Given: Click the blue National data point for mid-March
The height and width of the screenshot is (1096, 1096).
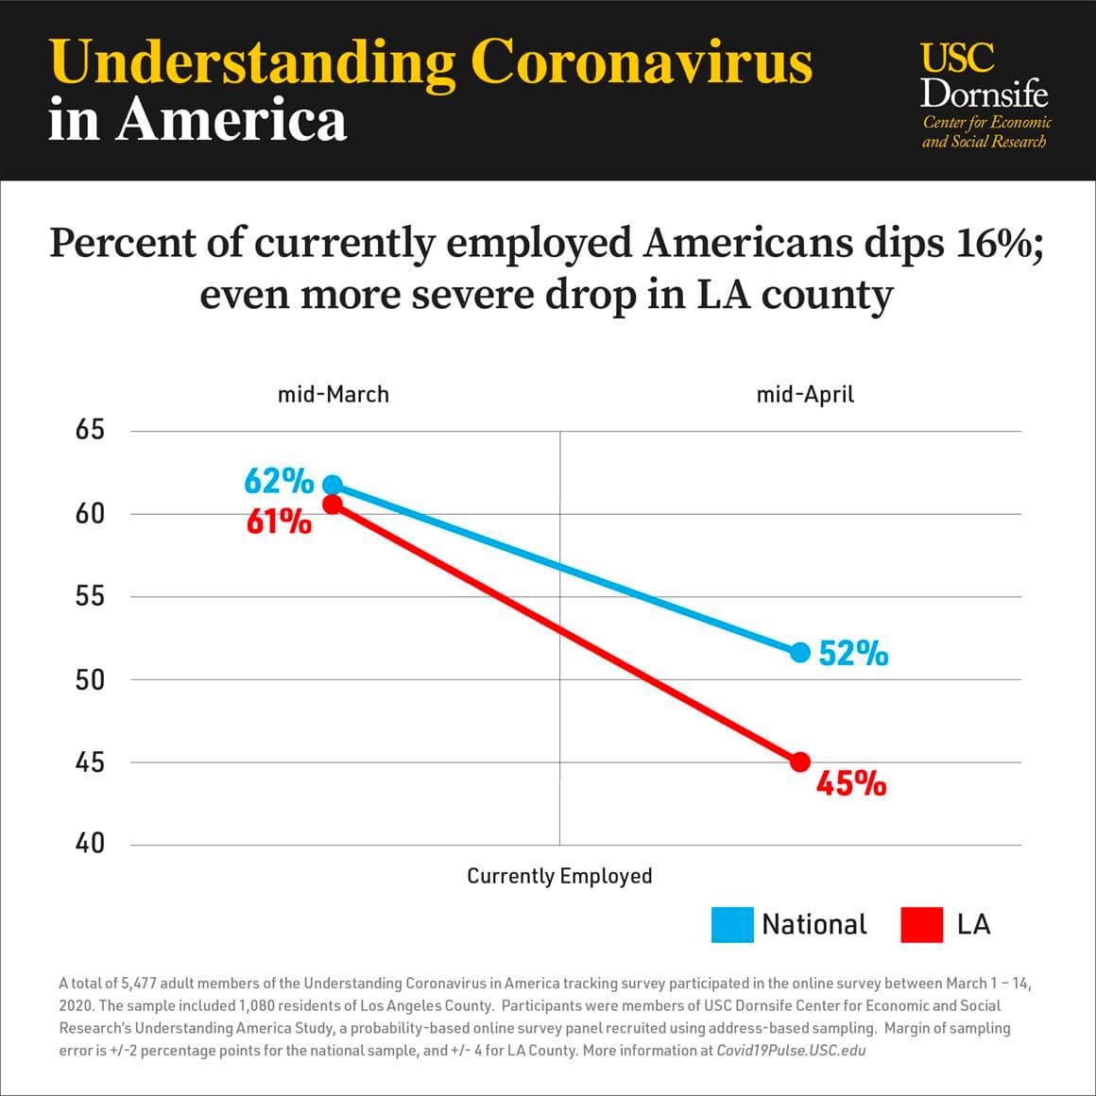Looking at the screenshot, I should pos(333,485).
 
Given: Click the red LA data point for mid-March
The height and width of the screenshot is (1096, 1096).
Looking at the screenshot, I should pos(333,505).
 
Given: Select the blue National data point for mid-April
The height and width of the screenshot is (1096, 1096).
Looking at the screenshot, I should pos(800,652).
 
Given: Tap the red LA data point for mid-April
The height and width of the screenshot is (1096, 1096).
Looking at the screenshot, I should pos(800,762).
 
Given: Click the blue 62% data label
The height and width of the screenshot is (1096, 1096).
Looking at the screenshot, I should pos(279,482).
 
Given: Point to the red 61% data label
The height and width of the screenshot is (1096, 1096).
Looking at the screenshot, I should pos(279,522).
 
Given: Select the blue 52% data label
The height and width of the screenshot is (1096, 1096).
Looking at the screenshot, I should pos(853,654).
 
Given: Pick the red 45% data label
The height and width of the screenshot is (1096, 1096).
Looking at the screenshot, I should pos(851,784).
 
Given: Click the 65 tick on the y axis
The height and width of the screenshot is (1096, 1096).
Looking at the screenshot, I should pos(90,431).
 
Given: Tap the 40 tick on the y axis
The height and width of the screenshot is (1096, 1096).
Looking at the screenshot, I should pos(90,844).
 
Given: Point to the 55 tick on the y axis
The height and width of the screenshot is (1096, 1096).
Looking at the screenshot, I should pos(90,596).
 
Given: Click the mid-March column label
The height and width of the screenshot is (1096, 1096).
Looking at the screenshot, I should pos(333,394).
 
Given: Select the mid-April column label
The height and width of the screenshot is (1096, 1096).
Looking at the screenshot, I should pos(805,394).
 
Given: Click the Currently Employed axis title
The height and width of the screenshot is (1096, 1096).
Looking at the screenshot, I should pos(559,876).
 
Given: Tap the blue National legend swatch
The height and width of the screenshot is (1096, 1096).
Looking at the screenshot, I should pos(732,924).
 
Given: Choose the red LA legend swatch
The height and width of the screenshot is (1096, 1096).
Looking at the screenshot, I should pos(922,924).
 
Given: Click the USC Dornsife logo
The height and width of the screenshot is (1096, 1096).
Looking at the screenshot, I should pos(985,94).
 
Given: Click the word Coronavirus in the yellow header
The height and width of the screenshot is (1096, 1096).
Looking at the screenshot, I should pos(641,62).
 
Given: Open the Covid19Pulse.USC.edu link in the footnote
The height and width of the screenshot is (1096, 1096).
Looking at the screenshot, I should pos(791,1051).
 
